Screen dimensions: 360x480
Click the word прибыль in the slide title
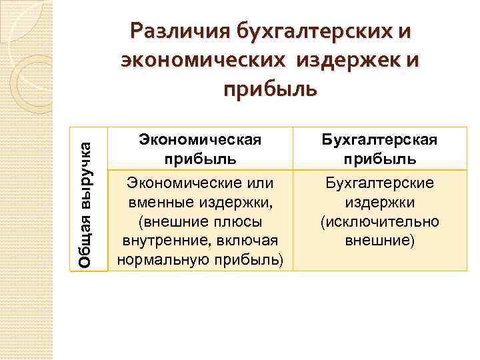coord(269,88)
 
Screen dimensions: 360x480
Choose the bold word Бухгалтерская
coord(381,141)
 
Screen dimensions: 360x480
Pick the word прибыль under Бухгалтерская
coord(381,160)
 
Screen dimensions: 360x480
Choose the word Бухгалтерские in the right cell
coord(380,181)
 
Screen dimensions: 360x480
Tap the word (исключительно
coord(380,221)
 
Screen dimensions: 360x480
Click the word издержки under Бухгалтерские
coord(380,201)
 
